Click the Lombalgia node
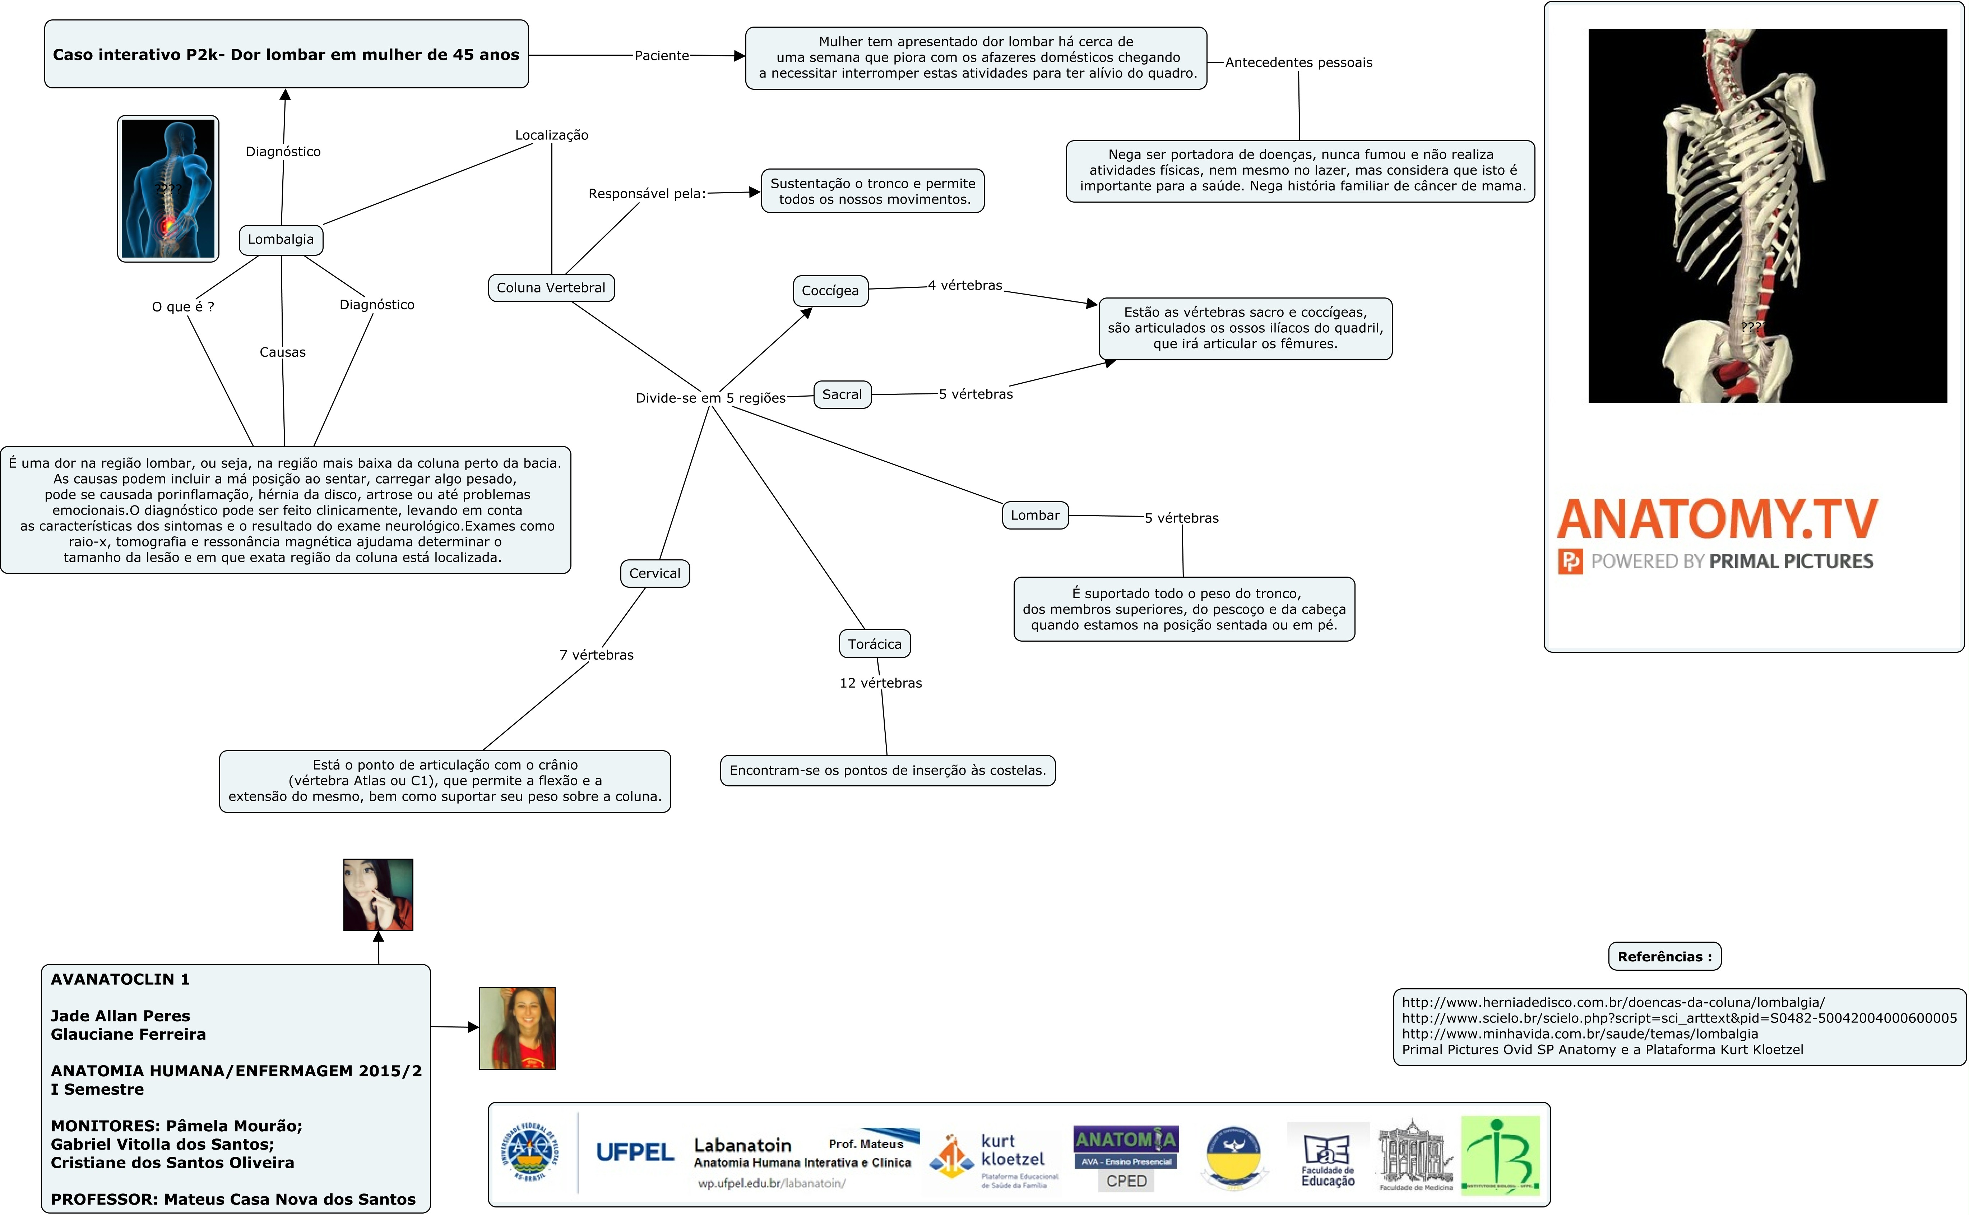point(281,240)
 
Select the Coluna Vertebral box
point(551,288)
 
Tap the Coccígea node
point(830,291)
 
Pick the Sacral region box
point(842,394)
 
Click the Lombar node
point(1035,515)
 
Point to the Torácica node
point(874,644)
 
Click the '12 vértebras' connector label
point(880,683)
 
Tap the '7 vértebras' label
point(596,655)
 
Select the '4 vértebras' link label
point(965,285)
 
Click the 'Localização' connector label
point(551,135)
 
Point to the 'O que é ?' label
point(183,306)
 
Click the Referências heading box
point(1664,956)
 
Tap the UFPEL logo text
point(635,1152)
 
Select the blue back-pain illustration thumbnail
point(168,189)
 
